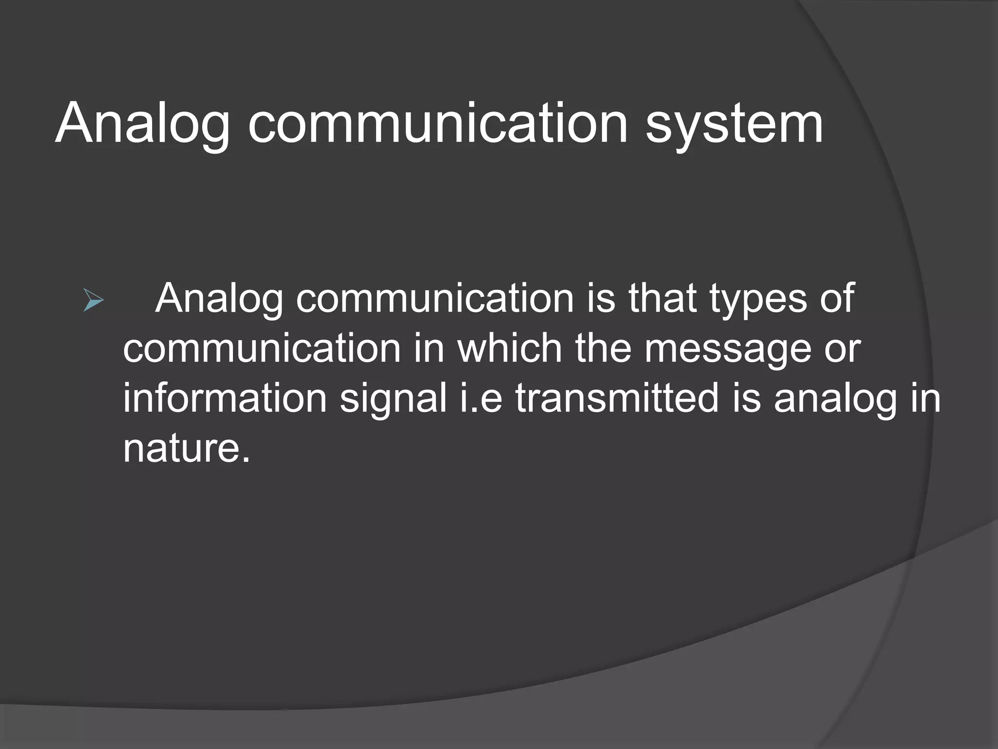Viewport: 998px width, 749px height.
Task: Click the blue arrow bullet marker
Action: (x=93, y=300)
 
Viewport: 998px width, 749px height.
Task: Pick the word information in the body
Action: (x=224, y=398)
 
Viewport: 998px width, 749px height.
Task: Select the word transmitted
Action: (x=617, y=398)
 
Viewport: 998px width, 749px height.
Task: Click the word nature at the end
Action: (x=181, y=449)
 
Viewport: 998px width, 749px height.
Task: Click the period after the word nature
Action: (x=246, y=460)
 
